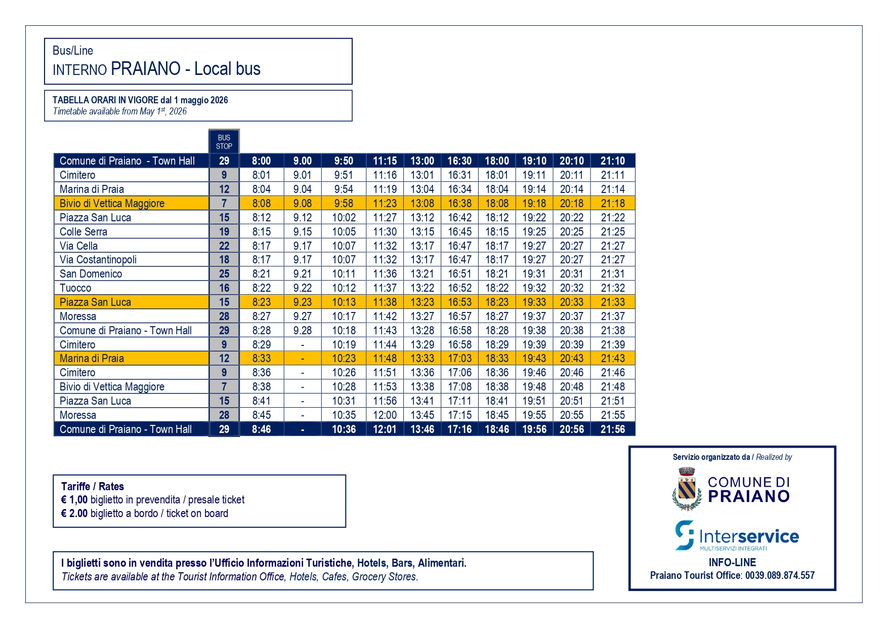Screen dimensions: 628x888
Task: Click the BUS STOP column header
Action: (224, 142)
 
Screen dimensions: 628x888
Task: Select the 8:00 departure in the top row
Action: (261, 161)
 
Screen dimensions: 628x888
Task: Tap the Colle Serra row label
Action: (83, 232)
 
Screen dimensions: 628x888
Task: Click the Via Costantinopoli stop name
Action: (98, 260)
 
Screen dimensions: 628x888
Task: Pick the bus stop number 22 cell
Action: (224, 246)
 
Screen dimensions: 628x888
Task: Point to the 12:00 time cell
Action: (385, 415)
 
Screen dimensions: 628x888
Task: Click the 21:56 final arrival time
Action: (612, 429)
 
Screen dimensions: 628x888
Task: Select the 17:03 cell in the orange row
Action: (459, 359)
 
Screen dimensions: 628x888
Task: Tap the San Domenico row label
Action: (91, 274)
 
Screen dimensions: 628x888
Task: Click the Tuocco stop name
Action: (75, 288)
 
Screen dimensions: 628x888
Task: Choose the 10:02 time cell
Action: (344, 218)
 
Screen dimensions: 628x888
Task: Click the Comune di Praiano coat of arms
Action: (687, 489)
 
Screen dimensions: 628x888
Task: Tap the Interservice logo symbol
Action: (685, 535)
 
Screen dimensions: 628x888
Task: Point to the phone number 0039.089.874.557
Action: (779, 576)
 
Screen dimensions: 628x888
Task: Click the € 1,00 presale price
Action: (74, 500)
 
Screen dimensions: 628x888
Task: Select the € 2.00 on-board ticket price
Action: (74, 514)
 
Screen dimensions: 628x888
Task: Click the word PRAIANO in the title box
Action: (146, 69)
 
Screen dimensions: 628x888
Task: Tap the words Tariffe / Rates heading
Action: (93, 487)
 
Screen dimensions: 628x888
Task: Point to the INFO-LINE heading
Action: (732, 563)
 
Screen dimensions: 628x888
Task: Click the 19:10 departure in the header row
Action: (534, 161)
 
